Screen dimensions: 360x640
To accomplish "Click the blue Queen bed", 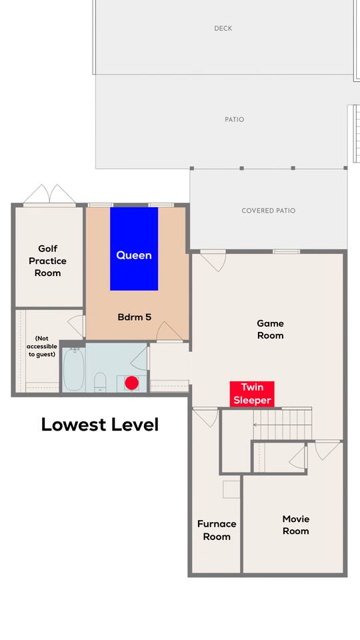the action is click(x=134, y=249).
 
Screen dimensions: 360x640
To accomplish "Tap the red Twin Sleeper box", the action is click(x=252, y=394).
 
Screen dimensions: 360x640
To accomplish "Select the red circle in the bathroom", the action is click(x=131, y=383).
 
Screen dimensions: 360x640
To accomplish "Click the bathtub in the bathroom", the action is click(x=74, y=369).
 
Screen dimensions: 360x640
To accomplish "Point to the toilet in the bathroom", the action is click(x=100, y=381).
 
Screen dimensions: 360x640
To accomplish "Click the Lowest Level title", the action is click(x=99, y=425).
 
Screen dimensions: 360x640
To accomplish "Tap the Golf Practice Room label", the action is click(x=48, y=261).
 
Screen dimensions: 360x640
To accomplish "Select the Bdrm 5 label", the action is click(x=134, y=317).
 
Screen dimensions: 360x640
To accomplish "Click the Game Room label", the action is click(x=270, y=329).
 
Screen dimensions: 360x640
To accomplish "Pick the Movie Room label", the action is click(x=296, y=525).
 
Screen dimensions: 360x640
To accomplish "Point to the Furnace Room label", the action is click(x=217, y=530).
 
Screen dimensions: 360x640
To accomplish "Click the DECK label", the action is click(x=223, y=28).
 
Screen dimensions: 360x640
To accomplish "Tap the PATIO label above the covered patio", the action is click(x=234, y=119).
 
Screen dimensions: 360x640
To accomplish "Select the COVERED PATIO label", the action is click(x=269, y=211).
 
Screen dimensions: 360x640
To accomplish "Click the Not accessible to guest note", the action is click(x=41, y=346).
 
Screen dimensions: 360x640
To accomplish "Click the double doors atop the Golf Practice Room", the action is click(x=49, y=194).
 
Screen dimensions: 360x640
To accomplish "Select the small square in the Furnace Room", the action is click(x=231, y=489).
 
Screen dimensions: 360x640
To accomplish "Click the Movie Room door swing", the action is click(x=328, y=451).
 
